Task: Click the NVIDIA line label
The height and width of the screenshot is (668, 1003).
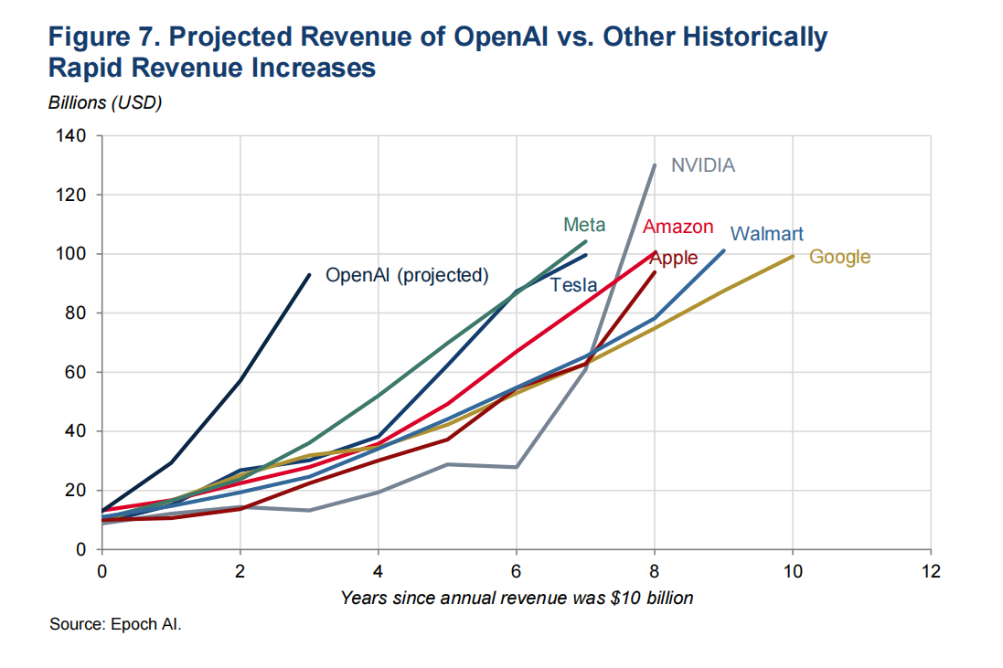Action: pos(703,165)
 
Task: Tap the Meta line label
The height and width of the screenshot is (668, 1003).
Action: pos(583,225)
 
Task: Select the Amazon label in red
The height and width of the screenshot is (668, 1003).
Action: pos(678,227)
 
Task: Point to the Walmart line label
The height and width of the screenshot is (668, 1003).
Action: pos(767,234)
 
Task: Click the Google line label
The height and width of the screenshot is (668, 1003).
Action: pos(839,257)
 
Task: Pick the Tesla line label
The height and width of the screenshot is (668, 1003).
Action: pos(573,285)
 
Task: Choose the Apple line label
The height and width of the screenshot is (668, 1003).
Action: pos(674,258)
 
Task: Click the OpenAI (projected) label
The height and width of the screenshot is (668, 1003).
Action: pos(407,275)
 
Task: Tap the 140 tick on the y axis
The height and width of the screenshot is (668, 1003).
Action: pos(73,136)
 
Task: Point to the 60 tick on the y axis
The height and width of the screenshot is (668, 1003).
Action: pos(77,372)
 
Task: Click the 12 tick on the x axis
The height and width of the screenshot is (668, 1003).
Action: pos(930,572)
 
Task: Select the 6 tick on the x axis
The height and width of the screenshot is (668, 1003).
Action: pos(516,572)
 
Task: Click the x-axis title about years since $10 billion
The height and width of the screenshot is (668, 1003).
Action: pos(517,599)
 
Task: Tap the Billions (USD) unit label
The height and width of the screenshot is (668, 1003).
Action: pos(104,102)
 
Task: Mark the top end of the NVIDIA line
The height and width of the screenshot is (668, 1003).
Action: pos(655,165)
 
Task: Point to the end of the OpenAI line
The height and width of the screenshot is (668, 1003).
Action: pos(309,274)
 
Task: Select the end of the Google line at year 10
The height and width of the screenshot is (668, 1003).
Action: pos(792,256)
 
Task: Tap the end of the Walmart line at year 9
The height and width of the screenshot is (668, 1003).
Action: pos(723,250)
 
